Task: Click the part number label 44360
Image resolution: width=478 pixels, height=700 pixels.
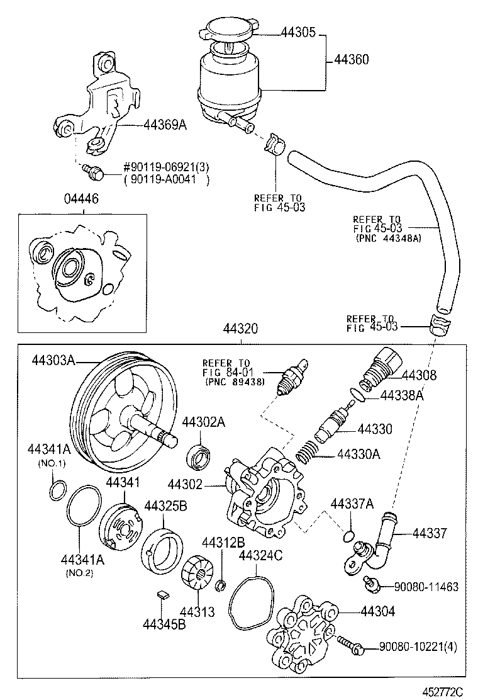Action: click(x=351, y=60)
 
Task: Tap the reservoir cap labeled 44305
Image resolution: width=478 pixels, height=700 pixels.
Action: click(x=224, y=31)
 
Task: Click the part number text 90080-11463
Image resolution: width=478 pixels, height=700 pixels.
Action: click(x=426, y=587)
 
